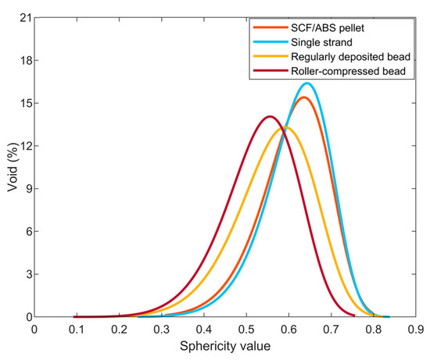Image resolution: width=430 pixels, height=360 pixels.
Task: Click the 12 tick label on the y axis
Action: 23,146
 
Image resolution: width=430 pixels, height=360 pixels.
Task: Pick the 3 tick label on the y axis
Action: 25,275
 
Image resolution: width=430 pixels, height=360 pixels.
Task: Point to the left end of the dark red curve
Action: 75,316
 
